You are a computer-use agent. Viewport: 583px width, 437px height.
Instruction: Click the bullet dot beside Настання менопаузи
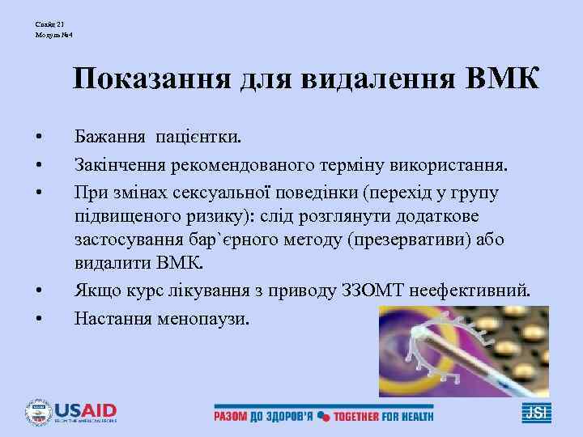39,317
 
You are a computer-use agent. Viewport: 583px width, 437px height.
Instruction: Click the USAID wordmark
85,410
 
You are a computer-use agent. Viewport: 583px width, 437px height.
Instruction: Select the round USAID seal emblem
37,413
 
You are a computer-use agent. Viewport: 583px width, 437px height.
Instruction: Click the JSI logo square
536,413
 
